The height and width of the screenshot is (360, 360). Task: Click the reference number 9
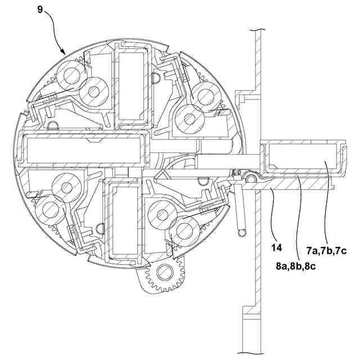pyautogui.click(x=41, y=10)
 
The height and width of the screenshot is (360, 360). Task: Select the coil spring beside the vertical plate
pyautogui.click(x=240, y=211)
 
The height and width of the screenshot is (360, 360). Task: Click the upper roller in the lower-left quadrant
pyautogui.click(x=67, y=186)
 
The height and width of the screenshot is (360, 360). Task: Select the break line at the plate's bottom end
pyautogui.click(x=251, y=353)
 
